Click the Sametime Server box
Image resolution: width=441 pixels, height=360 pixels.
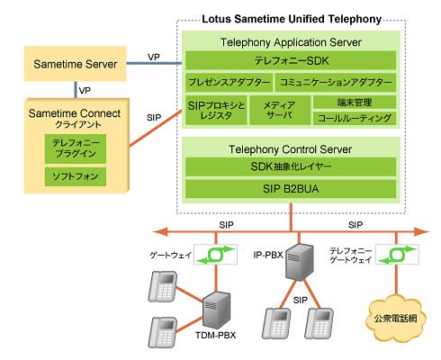(75, 64)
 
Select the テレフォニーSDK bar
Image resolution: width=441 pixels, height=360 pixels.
(291, 60)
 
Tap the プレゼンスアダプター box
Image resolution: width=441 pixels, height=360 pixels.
(229, 82)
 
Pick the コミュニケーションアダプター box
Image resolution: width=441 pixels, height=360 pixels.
(336, 82)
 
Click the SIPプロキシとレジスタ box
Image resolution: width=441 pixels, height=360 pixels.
(216, 110)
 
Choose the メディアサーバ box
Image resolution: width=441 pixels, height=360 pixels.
(280, 110)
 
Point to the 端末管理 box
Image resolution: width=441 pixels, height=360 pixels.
(355, 103)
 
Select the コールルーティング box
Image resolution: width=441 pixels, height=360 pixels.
(355, 118)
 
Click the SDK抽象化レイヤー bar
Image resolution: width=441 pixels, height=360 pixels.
(291, 166)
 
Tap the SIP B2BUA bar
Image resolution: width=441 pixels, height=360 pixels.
(291, 189)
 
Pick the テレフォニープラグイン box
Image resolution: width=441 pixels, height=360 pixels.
(76, 148)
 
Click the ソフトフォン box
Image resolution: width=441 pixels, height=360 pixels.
(76, 176)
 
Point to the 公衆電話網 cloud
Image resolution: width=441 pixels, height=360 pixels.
(395, 318)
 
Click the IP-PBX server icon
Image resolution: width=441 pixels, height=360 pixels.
(299, 262)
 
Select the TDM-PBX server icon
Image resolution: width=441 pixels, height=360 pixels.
(217, 310)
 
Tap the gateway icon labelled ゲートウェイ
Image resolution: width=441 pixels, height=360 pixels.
(215, 255)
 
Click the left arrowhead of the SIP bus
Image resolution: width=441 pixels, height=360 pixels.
(160, 231)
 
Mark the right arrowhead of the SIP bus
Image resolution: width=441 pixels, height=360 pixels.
(422, 231)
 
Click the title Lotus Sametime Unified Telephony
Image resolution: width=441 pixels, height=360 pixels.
(292, 19)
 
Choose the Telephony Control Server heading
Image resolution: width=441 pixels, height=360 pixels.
(291, 149)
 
